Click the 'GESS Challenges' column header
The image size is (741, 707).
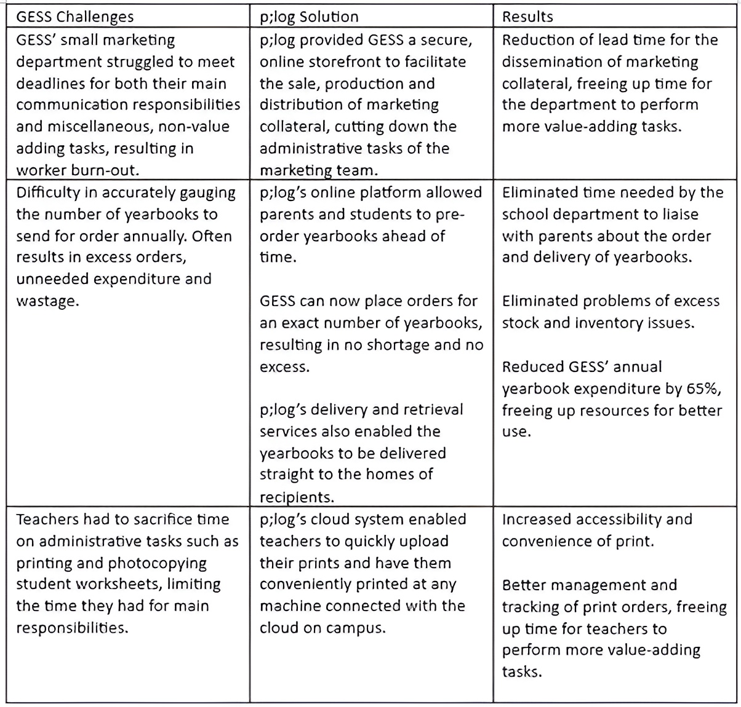pos(74,17)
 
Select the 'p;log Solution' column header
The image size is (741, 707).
pos(309,17)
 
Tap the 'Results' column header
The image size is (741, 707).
pos(527,17)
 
